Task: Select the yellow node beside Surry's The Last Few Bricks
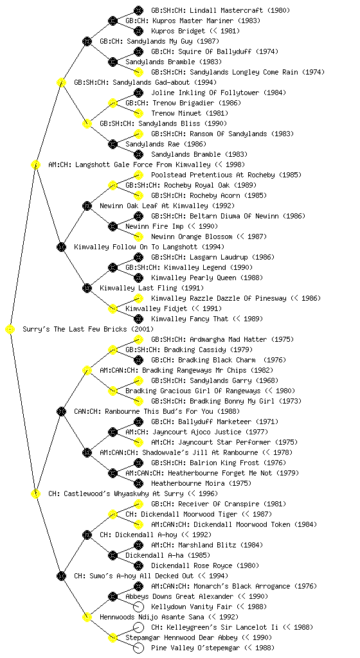coord(10,329)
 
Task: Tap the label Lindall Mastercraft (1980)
coord(221,10)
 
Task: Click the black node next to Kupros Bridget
coord(138,31)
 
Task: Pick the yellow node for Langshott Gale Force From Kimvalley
coord(35,164)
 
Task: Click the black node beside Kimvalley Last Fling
coord(87,288)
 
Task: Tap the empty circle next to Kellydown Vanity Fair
coord(138,607)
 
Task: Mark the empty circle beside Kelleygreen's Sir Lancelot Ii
coord(138,627)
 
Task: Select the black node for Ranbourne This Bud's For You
coord(61,411)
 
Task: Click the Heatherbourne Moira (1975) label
coord(201,483)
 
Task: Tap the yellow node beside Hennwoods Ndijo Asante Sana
coord(87,617)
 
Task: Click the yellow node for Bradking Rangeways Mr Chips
coord(87,370)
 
